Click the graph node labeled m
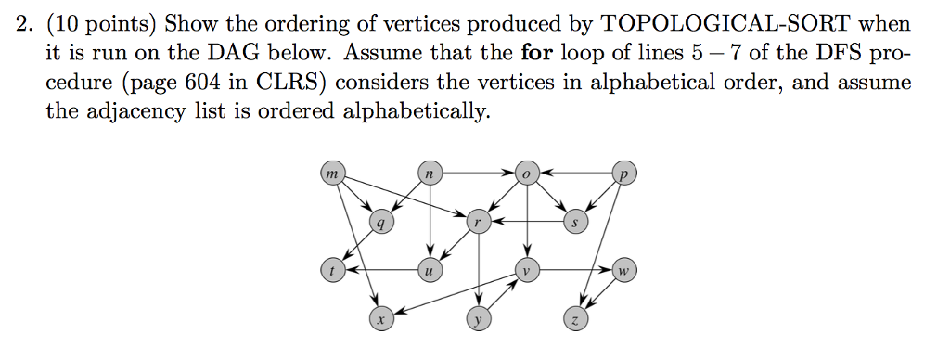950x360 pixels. click(x=331, y=174)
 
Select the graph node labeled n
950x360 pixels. click(x=429, y=174)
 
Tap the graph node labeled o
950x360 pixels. click(x=526, y=174)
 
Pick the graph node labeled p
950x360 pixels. click(x=624, y=174)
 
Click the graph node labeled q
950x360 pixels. click(x=380, y=223)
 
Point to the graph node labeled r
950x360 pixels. click(x=478, y=223)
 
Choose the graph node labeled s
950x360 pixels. click(x=575, y=223)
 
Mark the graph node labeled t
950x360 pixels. click(x=331, y=271)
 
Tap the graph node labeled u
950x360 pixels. click(x=429, y=271)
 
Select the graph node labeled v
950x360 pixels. click(x=526, y=271)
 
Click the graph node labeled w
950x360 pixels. click(x=624, y=271)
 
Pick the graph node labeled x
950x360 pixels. click(x=380, y=320)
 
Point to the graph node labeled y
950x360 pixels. click(x=478, y=320)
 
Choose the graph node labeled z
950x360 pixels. click(x=575, y=320)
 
